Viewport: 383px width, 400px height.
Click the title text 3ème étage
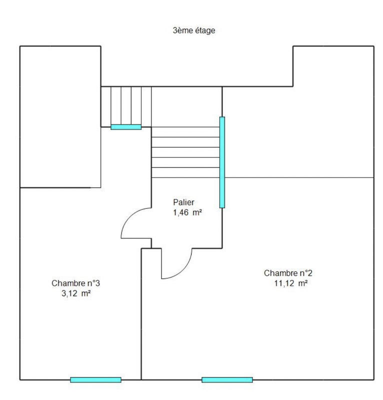point(193,30)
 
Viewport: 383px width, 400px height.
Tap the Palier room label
point(183,202)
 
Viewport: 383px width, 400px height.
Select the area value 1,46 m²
point(187,212)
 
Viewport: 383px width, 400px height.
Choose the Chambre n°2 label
point(288,273)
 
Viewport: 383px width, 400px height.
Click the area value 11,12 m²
point(288,283)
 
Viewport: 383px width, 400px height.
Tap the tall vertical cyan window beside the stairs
point(222,162)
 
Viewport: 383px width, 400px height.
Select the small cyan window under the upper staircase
point(126,127)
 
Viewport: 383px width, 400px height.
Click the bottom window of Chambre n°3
point(95,380)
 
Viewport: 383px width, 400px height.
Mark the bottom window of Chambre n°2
point(227,380)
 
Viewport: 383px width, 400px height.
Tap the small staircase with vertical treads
point(126,106)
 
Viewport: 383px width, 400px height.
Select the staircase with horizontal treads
point(185,152)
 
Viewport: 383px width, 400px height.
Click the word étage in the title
point(205,30)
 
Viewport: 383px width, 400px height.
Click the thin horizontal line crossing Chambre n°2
point(300,177)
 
